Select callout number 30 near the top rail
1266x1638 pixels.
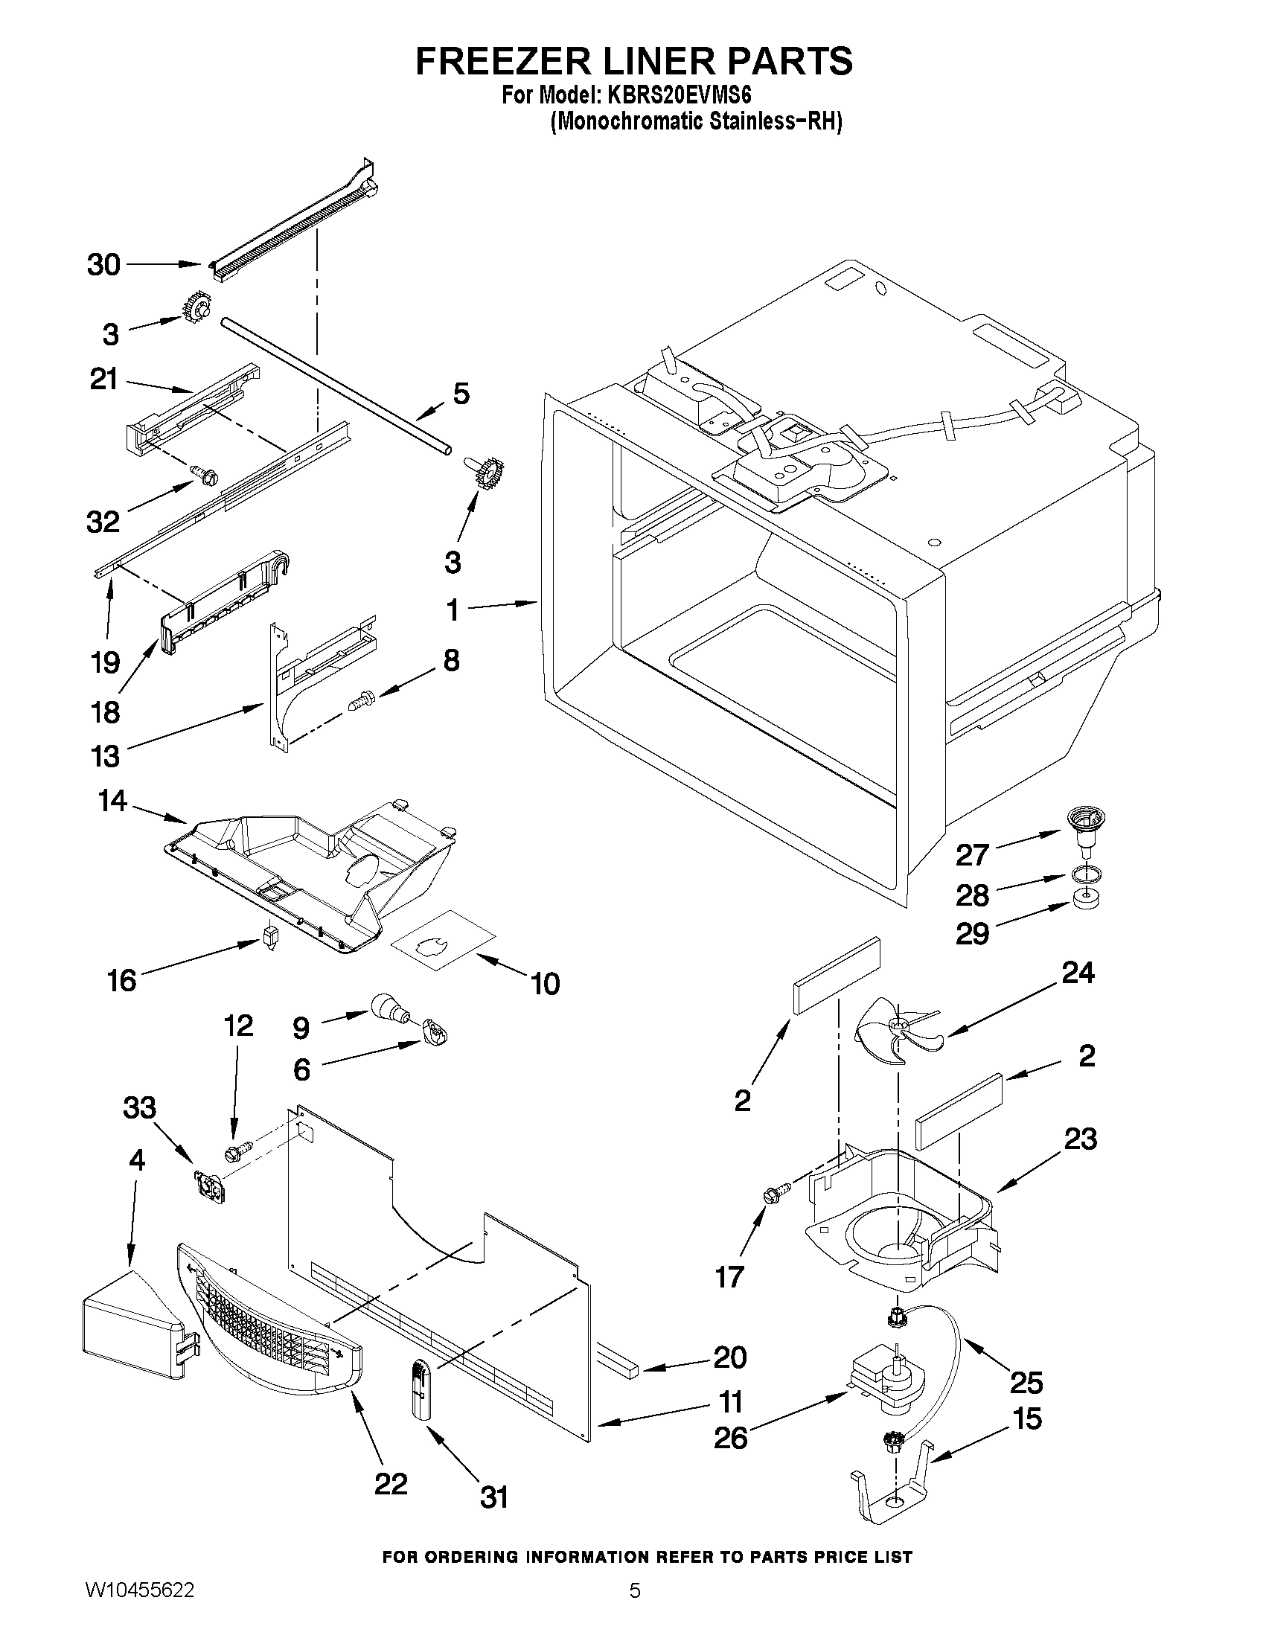point(103,264)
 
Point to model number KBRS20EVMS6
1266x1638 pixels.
point(678,97)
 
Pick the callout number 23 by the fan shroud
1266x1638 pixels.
point(1080,1139)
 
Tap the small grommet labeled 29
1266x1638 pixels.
point(1080,898)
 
